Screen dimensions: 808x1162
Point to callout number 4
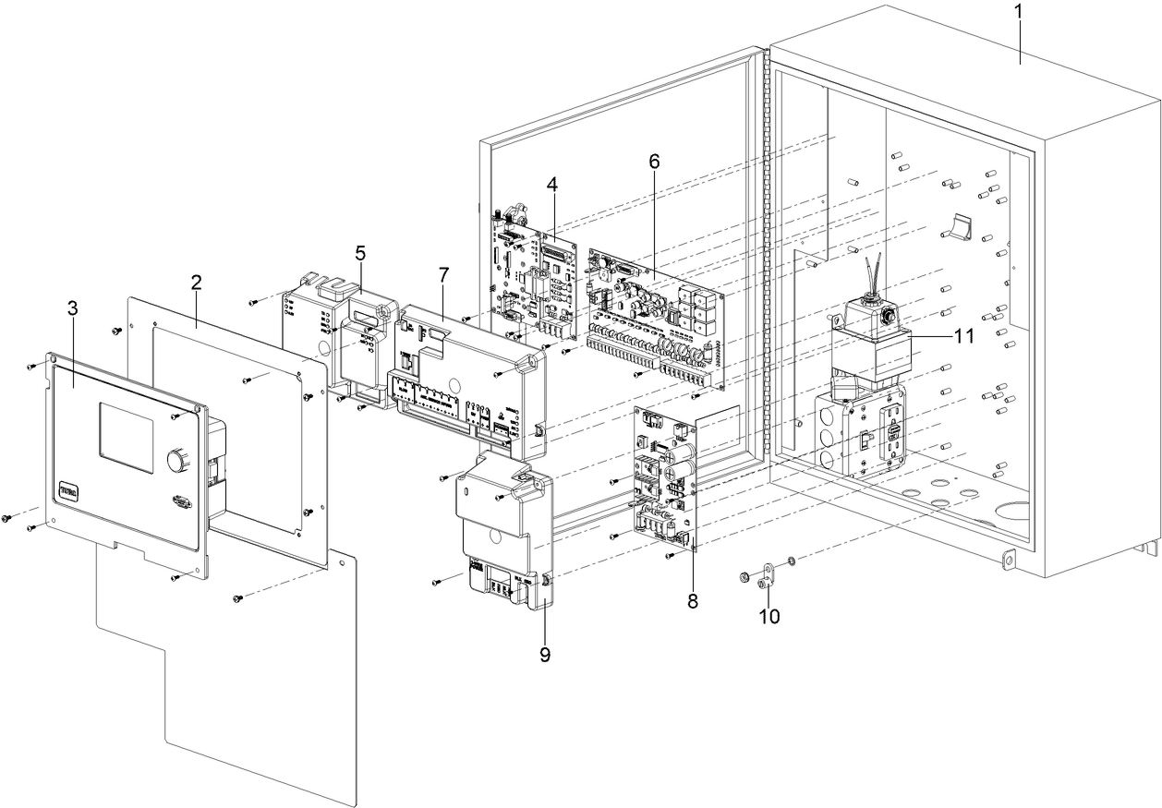tap(551, 184)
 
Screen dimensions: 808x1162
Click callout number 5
tap(360, 251)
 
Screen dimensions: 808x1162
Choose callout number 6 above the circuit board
tap(654, 160)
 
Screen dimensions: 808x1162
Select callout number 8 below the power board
tap(693, 600)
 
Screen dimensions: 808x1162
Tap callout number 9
tap(545, 654)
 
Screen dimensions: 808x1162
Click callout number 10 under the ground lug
tap(769, 616)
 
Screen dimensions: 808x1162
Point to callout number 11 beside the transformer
tap(964, 337)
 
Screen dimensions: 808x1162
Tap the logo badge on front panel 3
tap(71, 488)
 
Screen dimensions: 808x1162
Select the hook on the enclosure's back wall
tap(960, 224)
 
